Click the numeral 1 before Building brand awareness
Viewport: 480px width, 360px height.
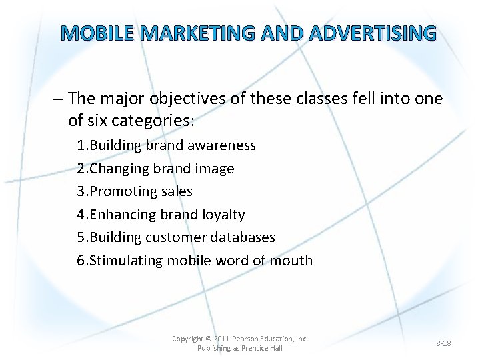point(81,145)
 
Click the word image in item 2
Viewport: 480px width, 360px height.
point(213,169)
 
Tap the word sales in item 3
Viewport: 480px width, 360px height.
point(176,191)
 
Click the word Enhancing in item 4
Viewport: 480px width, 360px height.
point(123,215)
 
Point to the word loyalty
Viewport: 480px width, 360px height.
point(223,215)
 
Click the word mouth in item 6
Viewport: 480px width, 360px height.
point(291,260)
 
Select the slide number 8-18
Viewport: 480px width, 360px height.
point(443,343)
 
